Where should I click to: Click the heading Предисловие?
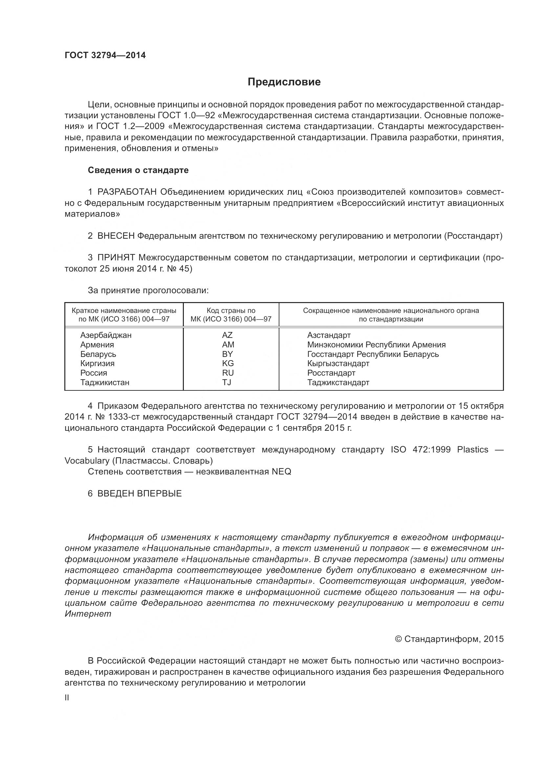(284, 82)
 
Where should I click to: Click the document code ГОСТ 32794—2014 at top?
(105, 55)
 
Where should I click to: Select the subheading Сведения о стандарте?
(138, 170)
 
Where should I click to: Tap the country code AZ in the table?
(228, 335)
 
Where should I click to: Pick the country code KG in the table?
(228, 363)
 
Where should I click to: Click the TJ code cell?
(227, 382)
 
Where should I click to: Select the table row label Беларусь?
(98, 354)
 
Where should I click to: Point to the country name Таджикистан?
(105, 382)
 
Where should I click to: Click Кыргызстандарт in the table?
(338, 363)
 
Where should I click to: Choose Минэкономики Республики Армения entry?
(376, 345)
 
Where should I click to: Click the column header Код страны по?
(231, 311)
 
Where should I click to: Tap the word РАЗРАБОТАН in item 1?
(127, 192)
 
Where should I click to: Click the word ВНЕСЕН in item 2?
(116, 236)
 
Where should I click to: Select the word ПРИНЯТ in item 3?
(116, 257)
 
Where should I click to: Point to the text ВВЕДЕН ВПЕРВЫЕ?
(140, 494)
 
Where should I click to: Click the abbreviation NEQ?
(281, 472)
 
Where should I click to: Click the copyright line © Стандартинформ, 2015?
(449, 639)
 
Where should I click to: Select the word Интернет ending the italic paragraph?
(88, 614)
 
